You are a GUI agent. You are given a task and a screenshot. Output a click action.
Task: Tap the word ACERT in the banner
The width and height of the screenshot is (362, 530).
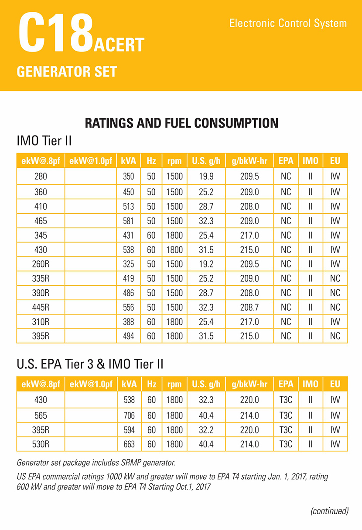point(119,45)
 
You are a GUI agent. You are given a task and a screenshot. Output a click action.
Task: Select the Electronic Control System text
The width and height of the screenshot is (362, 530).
point(288,23)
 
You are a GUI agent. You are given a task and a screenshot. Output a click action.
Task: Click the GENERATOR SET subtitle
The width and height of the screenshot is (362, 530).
point(67,71)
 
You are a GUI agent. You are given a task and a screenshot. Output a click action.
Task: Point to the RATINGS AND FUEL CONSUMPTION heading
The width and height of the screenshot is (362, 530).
point(181,123)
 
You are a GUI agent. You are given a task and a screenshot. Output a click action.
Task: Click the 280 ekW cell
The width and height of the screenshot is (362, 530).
point(41,177)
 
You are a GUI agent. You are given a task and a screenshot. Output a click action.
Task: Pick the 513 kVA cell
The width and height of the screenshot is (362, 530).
point(129,206)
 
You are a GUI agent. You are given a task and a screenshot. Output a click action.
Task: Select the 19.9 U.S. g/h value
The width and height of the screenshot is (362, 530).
point(206,177)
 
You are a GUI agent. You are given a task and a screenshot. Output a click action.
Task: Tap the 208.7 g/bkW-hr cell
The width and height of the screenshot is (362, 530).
point(249,307)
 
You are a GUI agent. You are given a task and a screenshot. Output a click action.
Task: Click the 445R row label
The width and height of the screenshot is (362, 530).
point(41,307)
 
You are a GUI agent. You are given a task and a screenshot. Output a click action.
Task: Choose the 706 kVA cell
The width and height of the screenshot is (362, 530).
point(129,415)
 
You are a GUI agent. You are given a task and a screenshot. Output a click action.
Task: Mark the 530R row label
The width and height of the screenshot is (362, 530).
point(41,444)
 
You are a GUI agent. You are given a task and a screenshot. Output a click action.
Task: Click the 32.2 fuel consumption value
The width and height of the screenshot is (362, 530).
point(206,430)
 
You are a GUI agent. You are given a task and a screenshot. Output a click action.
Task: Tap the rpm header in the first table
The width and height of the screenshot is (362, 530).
point(174,161)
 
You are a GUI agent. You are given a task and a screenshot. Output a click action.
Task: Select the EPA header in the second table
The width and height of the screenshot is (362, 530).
point(286,384)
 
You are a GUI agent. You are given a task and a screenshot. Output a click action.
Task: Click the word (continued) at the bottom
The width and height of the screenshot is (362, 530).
point(329,511)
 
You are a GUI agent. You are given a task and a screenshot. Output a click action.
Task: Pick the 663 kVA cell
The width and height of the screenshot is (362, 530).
point(129,444)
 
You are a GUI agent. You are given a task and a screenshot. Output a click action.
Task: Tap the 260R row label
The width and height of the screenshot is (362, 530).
point(41,264)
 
